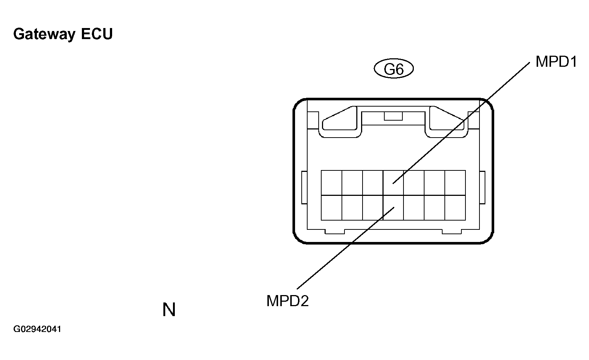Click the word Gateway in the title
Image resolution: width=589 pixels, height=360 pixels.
[44, 34]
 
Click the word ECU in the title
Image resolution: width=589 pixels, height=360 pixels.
[97, 34]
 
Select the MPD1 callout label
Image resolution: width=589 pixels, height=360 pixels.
[556, 62]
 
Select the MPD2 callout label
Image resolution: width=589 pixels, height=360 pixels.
[288, 301]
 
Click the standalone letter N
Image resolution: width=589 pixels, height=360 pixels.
[169, 309]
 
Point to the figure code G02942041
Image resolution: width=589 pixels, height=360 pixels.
[37, 329]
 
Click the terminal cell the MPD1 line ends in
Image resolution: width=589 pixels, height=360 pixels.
[394, 183]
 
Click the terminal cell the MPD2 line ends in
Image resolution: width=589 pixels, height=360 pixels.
[394, 208]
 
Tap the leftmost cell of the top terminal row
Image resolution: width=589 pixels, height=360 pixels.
[332, 183]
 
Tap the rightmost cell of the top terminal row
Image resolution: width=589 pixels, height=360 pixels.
[455, 183]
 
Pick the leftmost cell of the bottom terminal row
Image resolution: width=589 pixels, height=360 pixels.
[332, 208]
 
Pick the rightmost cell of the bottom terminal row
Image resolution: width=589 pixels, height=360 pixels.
[455, 208]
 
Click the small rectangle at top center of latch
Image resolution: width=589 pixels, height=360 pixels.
[394, 116]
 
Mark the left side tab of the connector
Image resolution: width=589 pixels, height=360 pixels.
[304, 187]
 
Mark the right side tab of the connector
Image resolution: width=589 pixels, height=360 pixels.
[482, 187]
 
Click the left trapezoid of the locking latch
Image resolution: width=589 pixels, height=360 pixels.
[339, 118]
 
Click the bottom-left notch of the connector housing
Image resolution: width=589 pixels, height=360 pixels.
[335, 231]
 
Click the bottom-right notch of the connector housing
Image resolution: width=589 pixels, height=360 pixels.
[452, 231]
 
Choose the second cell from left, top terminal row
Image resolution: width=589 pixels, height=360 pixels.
[352, 183]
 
